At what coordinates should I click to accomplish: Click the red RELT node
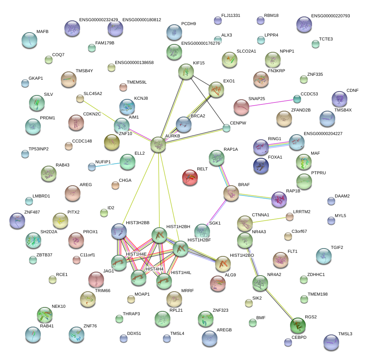click(x=190, y=177)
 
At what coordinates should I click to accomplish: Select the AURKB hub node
click(x=158, y=144)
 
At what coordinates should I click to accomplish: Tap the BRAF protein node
click(x=231, y=193)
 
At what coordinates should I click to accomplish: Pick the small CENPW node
click(x=226, y=128)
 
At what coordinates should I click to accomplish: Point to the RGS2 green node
click(x=298, y=325)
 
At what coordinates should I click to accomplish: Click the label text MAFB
click(x=42, y=31)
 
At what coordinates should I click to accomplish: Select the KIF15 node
click(x=186, y=71)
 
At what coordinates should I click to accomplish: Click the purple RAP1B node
click(x=279, y=199)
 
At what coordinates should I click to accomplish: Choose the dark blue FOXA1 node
click(x=261, y=166)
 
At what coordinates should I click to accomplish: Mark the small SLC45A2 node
click(x=80, y=99)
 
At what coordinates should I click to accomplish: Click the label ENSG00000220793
click(x=330, y=16)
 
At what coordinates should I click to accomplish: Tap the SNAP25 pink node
click(x=241, y=107)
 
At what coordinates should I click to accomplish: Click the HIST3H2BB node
click(x=119, y=232)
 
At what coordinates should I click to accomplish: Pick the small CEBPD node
click(x=288, y=342)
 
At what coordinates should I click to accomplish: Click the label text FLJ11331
click(x=231, y=16)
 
